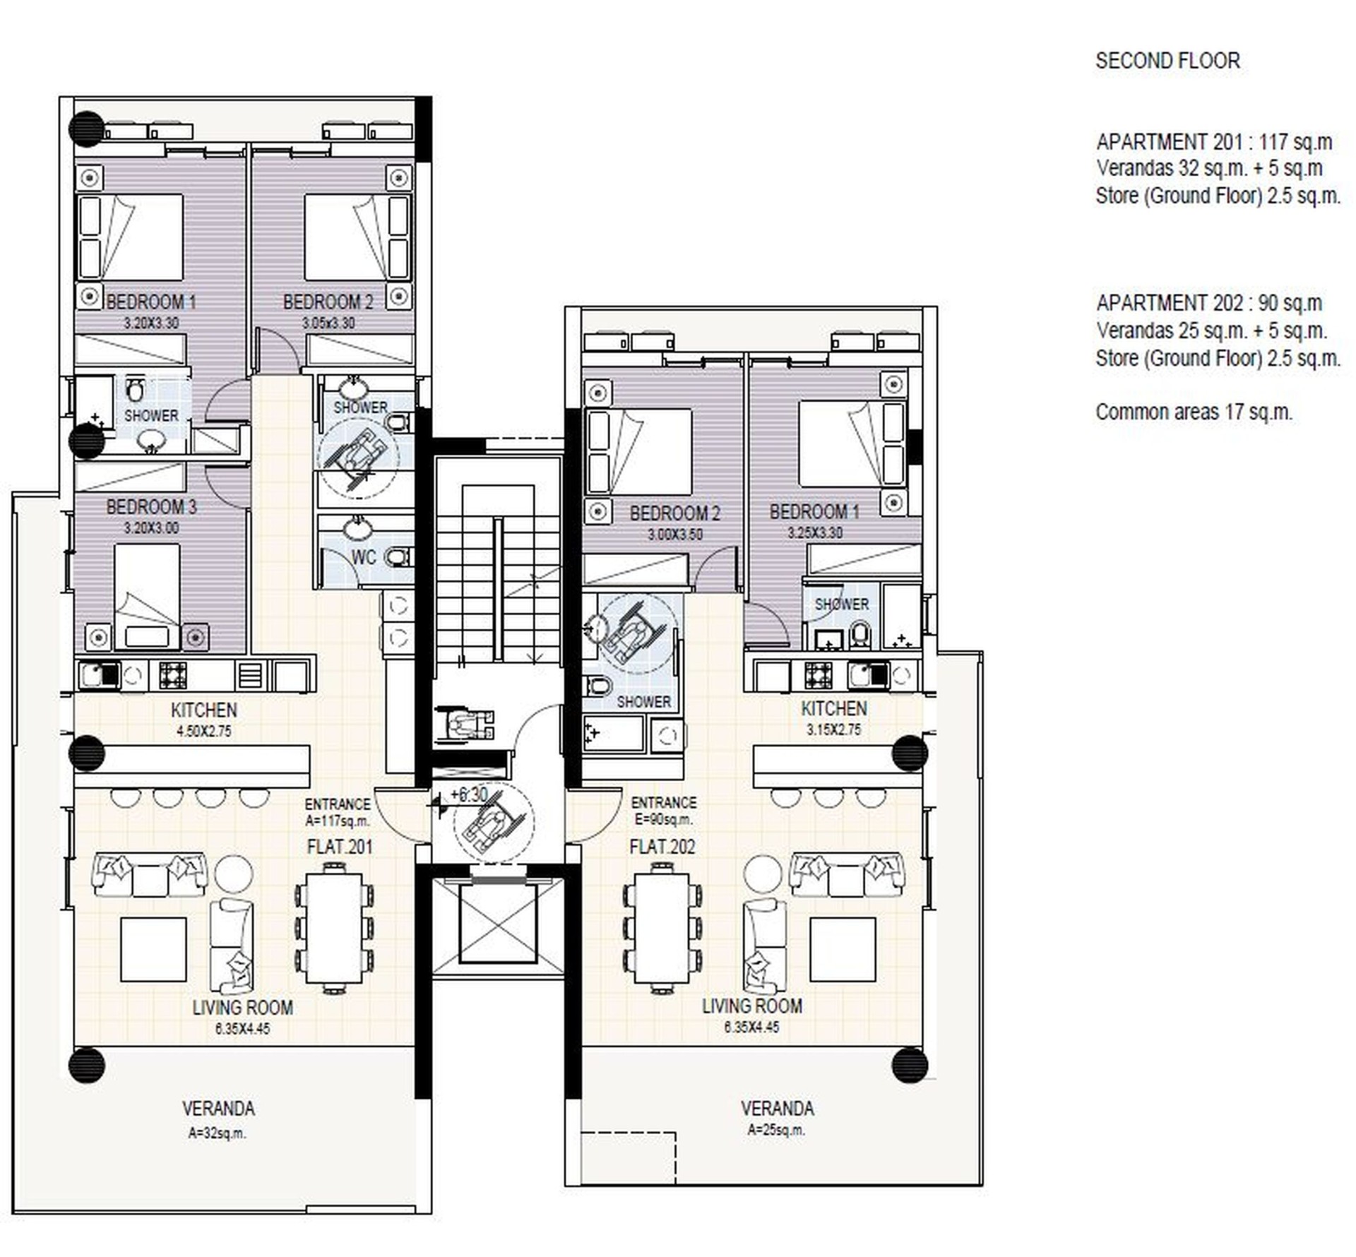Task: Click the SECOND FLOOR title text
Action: coord(1167,61)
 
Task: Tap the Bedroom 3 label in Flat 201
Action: coord(151,506)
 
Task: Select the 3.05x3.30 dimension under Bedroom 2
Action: coord(328,323)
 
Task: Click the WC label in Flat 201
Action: coord(364,557)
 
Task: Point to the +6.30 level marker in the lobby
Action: coord(468,794)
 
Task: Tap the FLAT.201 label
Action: coord(340,847)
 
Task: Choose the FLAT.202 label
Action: coord(662,846)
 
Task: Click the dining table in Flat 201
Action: coord(334,927)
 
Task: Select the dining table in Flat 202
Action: coord(662,927)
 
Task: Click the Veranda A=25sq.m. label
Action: coord(777,1118)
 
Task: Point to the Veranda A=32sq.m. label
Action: coord(218,1119)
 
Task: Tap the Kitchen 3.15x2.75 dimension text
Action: coord(834,729)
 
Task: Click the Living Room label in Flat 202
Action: coord(752,1006)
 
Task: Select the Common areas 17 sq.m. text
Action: coord(1194,412)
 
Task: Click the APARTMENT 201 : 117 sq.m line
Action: coord(1214,142)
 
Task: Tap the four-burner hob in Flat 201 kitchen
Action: coord(173,675)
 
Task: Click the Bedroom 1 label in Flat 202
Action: coord(814,511)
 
